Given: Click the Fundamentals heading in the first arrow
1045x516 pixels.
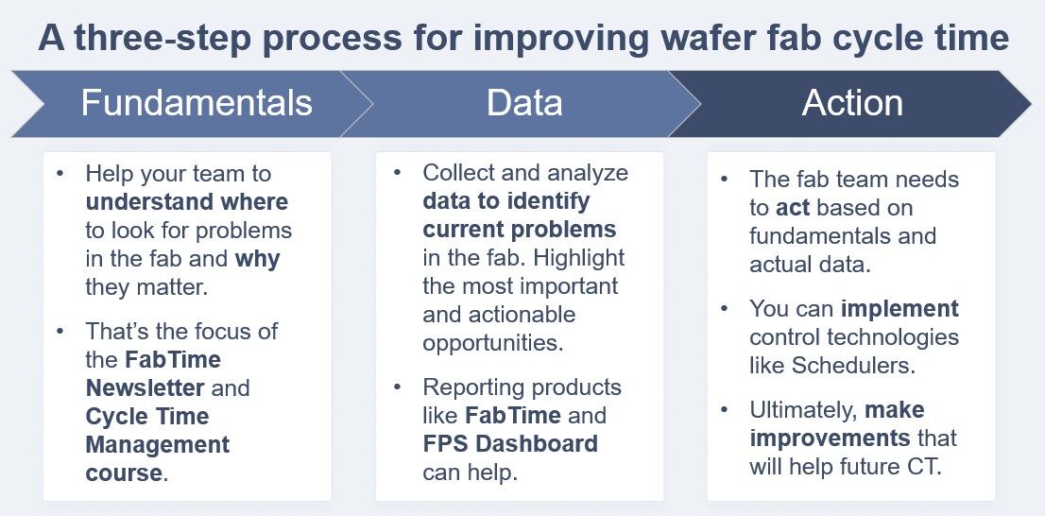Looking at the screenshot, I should [196, 102].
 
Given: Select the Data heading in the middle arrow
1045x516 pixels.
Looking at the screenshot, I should [524, 102].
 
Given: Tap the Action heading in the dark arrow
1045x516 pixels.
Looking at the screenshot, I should [852, 102].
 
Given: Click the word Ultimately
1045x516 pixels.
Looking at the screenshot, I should [803, 410].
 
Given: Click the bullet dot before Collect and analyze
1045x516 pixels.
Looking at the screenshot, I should [398, 173].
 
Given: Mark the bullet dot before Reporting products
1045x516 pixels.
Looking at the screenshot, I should [398, 387].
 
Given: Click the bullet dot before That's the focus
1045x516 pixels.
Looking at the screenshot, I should [61, 332].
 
